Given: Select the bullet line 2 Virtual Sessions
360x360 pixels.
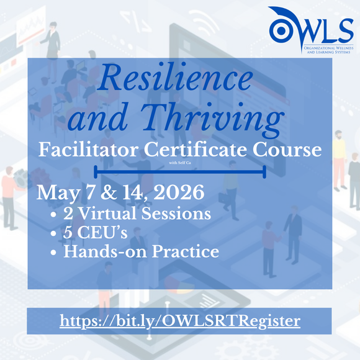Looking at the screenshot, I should pos(137,214).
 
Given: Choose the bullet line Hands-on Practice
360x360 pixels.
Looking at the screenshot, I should pos(142,252).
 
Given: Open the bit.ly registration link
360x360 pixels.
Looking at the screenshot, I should pos(180,322).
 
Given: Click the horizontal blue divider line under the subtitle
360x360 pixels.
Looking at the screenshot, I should pos(180,172).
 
